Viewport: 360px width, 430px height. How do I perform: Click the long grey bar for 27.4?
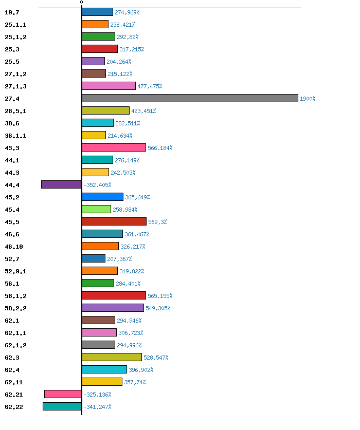coord(190,98)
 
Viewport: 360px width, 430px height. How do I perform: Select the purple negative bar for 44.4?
coord(61,184)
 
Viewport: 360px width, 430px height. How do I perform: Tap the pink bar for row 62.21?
coord(63,394)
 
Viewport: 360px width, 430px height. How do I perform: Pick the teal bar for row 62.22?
coord(62,406)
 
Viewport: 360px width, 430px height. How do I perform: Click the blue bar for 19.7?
coord(97,12)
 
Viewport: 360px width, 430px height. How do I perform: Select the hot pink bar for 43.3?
coord(114,147)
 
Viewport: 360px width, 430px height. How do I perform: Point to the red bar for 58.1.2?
coord(114,295)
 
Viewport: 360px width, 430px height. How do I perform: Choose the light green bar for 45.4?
coord(96,209)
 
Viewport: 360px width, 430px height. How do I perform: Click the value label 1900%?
coord(308,99)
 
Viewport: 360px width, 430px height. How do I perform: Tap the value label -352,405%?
coord(97,185)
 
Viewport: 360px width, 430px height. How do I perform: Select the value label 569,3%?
coord(157,222)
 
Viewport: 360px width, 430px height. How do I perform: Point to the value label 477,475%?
coord(150,86)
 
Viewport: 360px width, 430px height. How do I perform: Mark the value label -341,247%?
coord(97,407)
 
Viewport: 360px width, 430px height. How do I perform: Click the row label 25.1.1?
coord(15,25)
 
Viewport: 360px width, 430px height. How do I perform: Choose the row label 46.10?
coord(13,247)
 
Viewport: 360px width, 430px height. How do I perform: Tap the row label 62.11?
coord(13,382)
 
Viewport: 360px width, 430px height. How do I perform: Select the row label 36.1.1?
coord(15,136)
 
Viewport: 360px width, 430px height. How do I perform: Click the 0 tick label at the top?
coord(81,3)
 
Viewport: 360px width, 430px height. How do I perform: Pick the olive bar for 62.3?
coord(112,357)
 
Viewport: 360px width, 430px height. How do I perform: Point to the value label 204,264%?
coord(119,62)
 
